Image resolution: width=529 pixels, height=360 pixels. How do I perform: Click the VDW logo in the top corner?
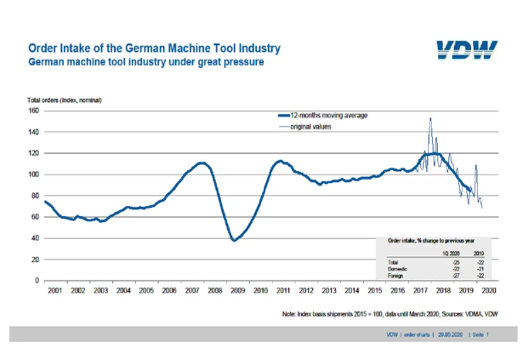click(468, 50)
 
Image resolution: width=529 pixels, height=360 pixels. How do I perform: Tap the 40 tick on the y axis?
click(34, 238)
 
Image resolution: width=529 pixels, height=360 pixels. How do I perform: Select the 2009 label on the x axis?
click(237, 290)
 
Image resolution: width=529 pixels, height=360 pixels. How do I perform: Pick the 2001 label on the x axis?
click(55, 290)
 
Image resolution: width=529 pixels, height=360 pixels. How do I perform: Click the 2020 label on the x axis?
click(488, 290)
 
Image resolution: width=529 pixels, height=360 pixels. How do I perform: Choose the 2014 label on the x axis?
click(351, 290)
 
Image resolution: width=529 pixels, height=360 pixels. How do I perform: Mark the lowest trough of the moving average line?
click(236, 240)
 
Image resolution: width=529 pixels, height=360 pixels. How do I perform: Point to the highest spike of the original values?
click(430, 118)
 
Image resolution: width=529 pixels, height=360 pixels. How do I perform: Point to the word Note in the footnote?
click(290, 314)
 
